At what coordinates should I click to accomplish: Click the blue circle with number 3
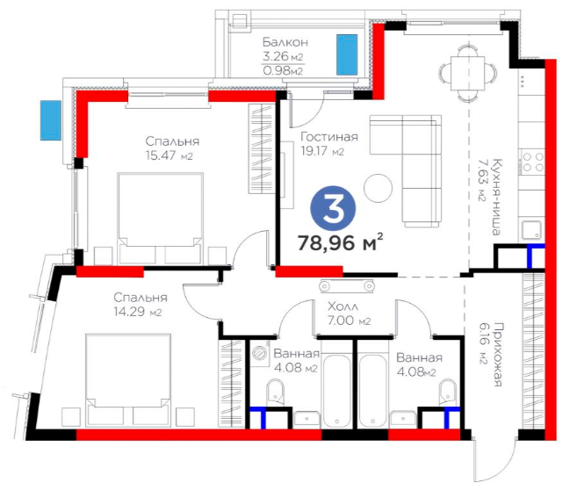click(x=333, y=209)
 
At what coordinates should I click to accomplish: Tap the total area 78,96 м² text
click(x=341, y=242)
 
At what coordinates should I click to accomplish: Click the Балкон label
click(x=285, y=42)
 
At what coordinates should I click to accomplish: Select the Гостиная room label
click(x=329, y=137)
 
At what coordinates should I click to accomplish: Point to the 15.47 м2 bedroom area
click(x=169, y=155)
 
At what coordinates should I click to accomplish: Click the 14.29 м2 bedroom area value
click(x=138, y=312)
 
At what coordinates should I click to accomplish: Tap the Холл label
click(x=342, y=306)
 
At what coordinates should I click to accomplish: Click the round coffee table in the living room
click(x=378, y=188)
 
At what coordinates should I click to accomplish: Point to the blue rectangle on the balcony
click(x=347, y=54)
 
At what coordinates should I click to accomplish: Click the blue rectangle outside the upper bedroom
click(x=51, y=120)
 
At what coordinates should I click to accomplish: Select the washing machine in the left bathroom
click(x=261, y=351)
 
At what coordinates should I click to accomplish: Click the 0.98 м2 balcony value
click(x=283, y=70)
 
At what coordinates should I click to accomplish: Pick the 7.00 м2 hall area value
click(x=349, y=321)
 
